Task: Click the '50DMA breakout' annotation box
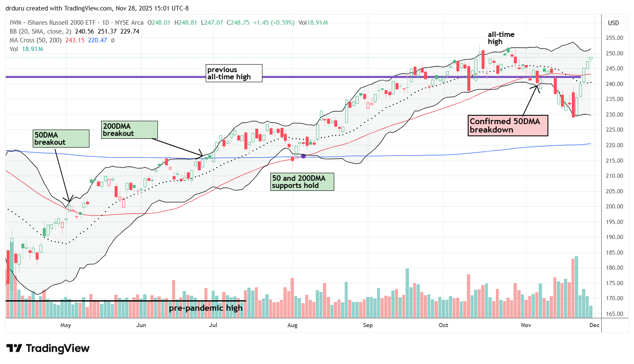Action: (x=61, y=138)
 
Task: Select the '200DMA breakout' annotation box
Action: (x=130, y=130)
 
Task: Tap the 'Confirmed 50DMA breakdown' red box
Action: (x=508, y=125)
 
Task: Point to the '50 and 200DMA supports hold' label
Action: (x=302, y=182)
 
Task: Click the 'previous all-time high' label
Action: (x=234, y=73)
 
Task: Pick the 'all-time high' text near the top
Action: (x=501, y=38)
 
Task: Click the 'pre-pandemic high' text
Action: (x=206, y=308)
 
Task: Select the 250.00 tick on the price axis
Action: (x=614, y=53)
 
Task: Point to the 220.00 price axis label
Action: (x=614, y=145)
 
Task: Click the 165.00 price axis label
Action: (x=614, y=314)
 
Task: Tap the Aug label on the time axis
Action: (x=292, y=325)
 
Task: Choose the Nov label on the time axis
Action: (x=526, y=325)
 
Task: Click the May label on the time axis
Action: (x=66, y=325)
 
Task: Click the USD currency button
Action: (x=613, y=23)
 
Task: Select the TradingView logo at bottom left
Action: (x=48, y=348)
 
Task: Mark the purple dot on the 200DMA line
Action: (x=304, y=156)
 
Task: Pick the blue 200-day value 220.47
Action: (x=97, y=40)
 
